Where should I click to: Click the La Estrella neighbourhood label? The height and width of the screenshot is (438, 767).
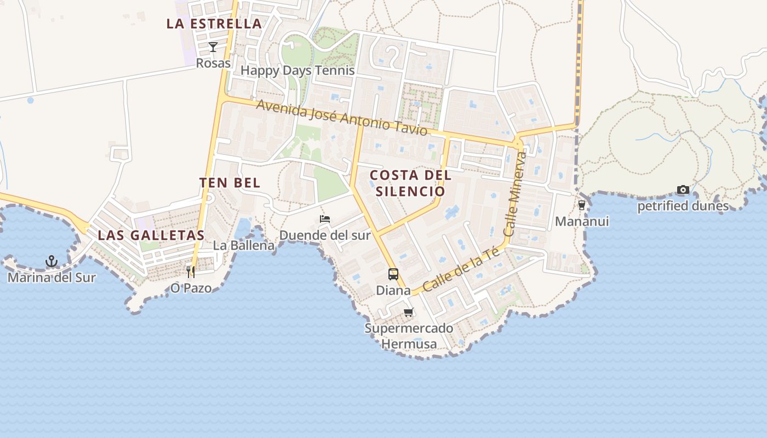[214, 24]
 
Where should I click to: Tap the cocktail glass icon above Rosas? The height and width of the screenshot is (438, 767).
[213, 47]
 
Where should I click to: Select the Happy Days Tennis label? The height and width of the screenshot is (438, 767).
[297, 71]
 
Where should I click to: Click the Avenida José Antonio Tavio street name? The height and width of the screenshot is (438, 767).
[341, 118]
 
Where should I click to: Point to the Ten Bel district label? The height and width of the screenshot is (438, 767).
[230, 183]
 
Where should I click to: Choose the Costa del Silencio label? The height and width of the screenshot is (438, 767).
[410, 183]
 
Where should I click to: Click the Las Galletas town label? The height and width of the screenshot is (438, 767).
[151, 235]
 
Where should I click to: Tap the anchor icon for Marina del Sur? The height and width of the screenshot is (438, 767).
[51, 261]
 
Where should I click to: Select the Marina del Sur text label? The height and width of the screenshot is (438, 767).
[51, 278]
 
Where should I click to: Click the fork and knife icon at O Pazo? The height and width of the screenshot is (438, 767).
[191, 272]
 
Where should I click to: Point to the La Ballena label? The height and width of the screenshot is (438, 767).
[243, 245]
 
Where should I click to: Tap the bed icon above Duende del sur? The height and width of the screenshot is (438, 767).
[325, 219]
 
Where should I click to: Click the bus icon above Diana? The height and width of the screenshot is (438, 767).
[393, 274]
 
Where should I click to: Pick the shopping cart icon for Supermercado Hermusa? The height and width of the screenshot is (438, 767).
[408, 313]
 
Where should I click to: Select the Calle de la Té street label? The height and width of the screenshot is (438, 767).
[461, 269]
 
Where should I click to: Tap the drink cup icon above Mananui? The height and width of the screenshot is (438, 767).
[581, 205]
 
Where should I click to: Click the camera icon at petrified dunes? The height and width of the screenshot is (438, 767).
[683, 190]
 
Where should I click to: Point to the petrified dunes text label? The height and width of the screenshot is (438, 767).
[683, 206]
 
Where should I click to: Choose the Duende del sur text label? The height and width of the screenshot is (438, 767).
[325, 235]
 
